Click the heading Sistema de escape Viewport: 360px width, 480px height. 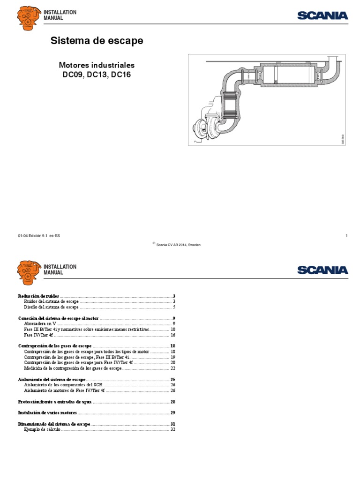[x=97, y=41]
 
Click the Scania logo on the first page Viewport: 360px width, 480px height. [x=322, y=15]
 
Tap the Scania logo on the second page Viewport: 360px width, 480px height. [x=322, y=270]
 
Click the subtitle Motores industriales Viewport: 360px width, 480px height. [x=96, y=65]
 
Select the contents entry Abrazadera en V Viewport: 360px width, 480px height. [x=40, y=323]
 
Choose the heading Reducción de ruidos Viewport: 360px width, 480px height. [x=38, y=296]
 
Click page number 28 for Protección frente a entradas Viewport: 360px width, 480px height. [x=172, y=402]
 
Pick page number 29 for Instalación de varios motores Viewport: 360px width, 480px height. [x=172, y=413]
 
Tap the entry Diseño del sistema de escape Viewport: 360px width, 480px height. [x=51, y=307]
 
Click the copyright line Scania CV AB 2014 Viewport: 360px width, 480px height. [x=178, y=245]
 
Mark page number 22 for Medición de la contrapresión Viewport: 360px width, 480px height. [x=172, y=368]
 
